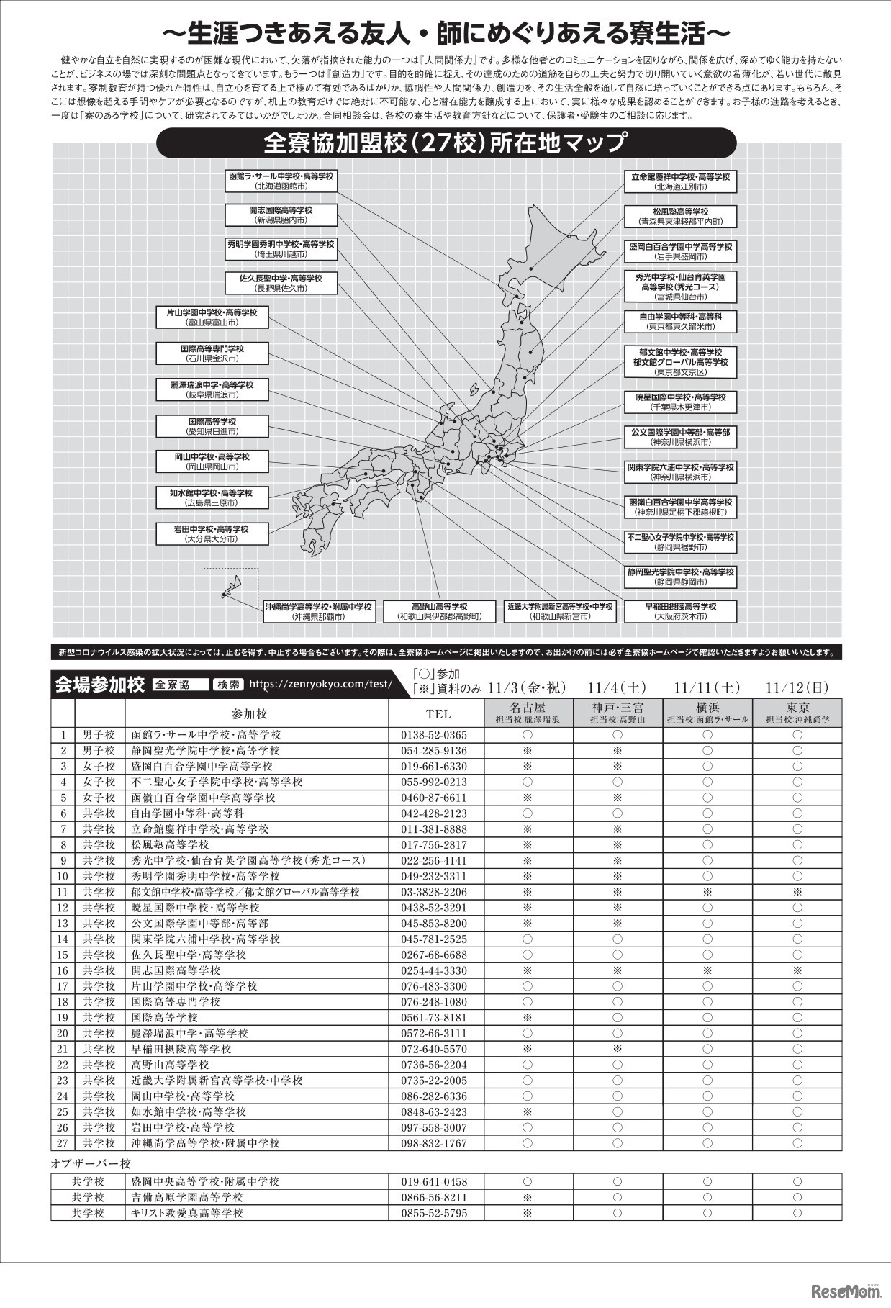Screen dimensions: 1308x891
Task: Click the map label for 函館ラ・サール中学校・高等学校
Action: pos(281,181)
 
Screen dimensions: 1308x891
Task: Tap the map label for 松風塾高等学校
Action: pos(680,216)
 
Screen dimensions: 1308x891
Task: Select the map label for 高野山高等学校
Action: pos(439,611)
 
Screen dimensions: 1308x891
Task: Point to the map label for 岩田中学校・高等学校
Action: pos(212,533)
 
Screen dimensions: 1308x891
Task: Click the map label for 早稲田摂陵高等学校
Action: pos(680,611)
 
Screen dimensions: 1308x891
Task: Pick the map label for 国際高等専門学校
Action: pos(212,353)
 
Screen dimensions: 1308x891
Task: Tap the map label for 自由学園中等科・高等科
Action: pos(680,321)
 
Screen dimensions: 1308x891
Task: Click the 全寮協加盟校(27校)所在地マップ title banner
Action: pos(446,143)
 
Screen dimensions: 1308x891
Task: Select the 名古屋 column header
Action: pos(528,712)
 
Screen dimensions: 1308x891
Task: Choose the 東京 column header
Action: pos(797,712)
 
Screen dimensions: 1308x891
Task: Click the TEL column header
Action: pos(438,713)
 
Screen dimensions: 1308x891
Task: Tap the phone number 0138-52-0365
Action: pos(433,735)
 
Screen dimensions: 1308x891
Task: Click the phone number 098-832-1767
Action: pos(433,1142)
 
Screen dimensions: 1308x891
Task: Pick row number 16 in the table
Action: pos(63,970)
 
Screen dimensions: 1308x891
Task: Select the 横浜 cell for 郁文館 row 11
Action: pos(707,892)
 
